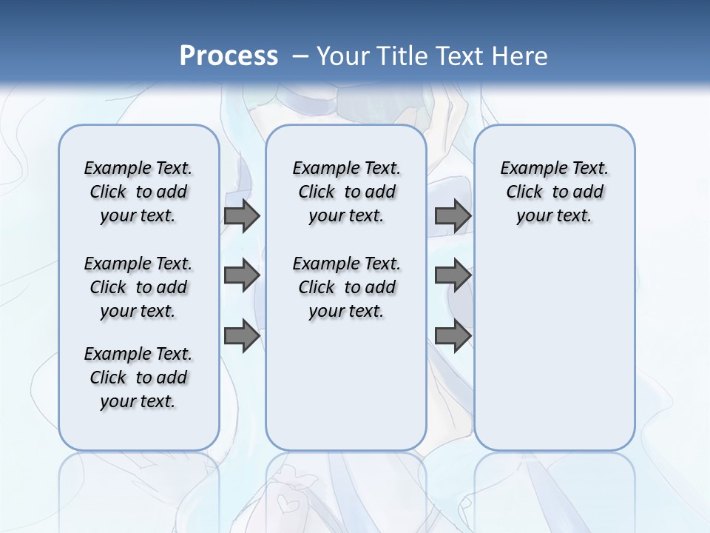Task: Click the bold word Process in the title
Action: click(x=229, y=56)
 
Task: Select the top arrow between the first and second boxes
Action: click(x=242, y=216)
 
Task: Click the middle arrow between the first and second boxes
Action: click(x=242, y=275)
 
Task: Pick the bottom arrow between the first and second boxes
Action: click(x=242, y=335)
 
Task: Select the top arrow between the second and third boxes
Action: click(x=453, y=216)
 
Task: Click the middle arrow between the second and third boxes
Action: click(x=453, y=275)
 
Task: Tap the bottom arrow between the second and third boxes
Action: click(x=453, y=335)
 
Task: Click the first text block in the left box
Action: click(x=138, y=192)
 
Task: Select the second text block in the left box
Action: click(x=138, y=287)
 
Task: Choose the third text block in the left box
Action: click(x=138, y=378)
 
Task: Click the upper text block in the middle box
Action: click(x=347, y=192)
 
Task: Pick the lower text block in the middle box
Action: click(x=347, y=287)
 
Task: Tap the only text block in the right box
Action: click(x=555, y=192)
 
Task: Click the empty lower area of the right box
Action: click(x=555, y=348)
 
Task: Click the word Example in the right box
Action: click(x=527, y=168)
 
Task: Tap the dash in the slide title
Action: click(x=300, y=56)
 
